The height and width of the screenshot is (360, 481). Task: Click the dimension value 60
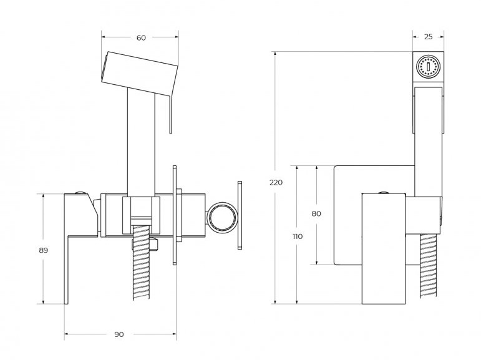[141, 38]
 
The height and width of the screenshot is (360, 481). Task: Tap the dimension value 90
[119, 334]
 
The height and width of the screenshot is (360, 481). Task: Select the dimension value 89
[43, 250]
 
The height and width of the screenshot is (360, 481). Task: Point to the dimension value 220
[276, 182]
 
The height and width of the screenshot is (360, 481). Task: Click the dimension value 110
[297, 236]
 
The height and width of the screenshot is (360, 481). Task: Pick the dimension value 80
[316, 213]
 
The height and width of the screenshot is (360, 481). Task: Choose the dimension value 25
[428, 37]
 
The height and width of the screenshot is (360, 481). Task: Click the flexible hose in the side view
[142, 268]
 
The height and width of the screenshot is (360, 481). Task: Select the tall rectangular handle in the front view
[384, 250]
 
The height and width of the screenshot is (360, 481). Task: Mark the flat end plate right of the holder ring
[239, 216]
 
